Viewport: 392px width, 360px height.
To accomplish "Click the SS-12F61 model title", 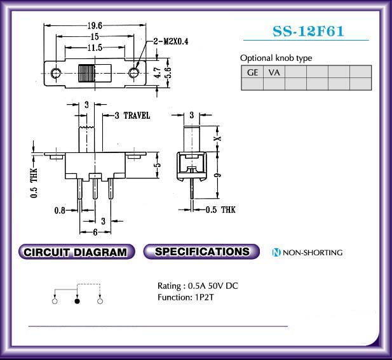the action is [x=308, y=32].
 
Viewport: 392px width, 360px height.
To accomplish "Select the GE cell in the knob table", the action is [x=252, y=72].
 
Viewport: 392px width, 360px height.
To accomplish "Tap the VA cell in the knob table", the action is [x=274, y=72].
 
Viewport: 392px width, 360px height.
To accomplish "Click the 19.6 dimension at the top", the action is [x=95, y=25].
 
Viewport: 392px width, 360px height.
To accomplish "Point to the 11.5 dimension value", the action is [x=95, y=48].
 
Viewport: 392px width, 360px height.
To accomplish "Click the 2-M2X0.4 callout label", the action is [x=171, y=41].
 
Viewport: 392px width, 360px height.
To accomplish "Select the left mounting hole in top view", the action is [x=55, y=73].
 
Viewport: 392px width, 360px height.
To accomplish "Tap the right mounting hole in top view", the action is [x=134, y=73].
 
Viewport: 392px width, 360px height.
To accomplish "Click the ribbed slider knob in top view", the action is [x=86, y=73].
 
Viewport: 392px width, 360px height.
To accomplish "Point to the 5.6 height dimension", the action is [x=168, y=73].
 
